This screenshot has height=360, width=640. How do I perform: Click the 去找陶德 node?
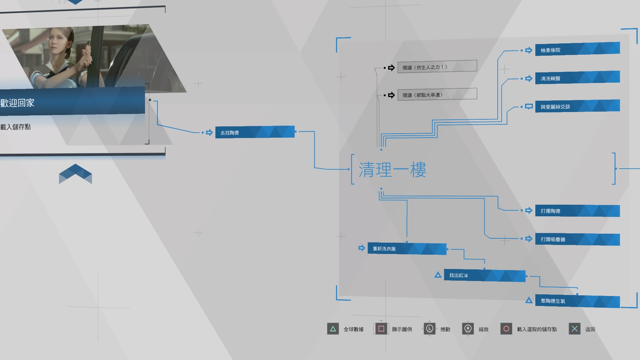(x=255, y=132)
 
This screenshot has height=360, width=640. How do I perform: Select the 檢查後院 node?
(x=577, y=49)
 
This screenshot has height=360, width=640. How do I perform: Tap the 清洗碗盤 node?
(x=577, y=78)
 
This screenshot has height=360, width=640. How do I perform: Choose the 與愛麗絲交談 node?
(x=577, y=106)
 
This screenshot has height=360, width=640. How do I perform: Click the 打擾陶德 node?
(x=577, y=211)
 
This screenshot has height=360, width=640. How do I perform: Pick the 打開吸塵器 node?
(x=577, y=239)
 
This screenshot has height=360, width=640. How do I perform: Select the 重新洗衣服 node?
(x=407, y=249)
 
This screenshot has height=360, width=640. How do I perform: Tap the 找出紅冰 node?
(x=485, y=275)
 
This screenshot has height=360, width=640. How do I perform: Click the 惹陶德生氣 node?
(x=577, y=301)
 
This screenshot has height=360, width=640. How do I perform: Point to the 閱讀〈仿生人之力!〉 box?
(x=437, y=67)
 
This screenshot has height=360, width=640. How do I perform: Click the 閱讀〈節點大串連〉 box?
(x=437, y=94)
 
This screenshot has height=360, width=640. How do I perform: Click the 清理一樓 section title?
(x=392, y=170)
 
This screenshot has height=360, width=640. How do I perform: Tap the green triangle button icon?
(x=333, y=329)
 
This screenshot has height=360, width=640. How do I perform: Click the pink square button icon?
(x=381, y=329)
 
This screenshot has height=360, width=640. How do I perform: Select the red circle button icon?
(x=506, y=329)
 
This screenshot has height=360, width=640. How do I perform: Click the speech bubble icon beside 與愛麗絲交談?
(x=529, y=107)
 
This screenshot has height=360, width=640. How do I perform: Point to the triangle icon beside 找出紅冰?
(x=438, y=275)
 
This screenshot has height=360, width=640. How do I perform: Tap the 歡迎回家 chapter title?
(x=17, y=103)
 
